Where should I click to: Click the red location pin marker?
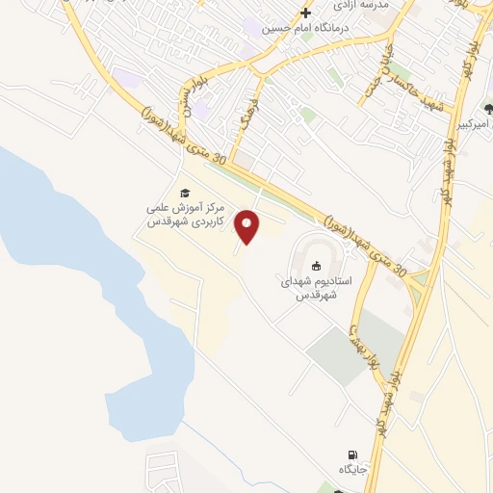point(248,226)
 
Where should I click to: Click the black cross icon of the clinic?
point(306,13)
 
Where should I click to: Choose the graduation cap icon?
point(185,192)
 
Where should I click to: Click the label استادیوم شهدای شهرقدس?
point(317,287)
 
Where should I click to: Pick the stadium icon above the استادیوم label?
point(316,265)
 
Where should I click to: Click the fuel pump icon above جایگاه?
point(355,454)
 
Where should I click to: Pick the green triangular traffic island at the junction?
point(418,278)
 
